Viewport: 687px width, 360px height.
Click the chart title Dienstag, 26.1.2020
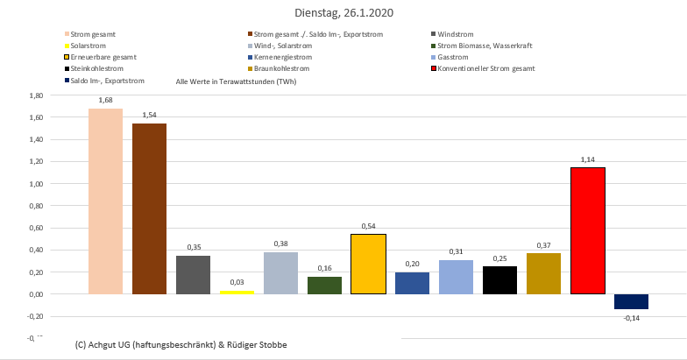coord(343,13)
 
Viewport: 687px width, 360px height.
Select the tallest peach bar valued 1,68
coord(105,201)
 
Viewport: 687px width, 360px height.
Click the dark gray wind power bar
coord(193,274)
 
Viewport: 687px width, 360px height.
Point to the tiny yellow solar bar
coord(237,292)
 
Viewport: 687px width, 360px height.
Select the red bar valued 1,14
coord(587,230)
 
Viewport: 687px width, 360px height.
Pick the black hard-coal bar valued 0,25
coord(499,280)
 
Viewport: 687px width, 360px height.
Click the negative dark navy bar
coord(631,301)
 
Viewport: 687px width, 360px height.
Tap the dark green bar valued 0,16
coord(324,285)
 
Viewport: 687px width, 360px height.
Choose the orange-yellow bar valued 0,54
coord(368,264)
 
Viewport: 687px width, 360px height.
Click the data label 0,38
coord(280,244)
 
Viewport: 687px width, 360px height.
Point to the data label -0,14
coord(631,318)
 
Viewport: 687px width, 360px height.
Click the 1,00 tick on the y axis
coord(36,184)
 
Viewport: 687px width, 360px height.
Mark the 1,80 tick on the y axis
coord(36,95)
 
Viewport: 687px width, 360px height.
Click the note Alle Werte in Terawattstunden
coord(236,81)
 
